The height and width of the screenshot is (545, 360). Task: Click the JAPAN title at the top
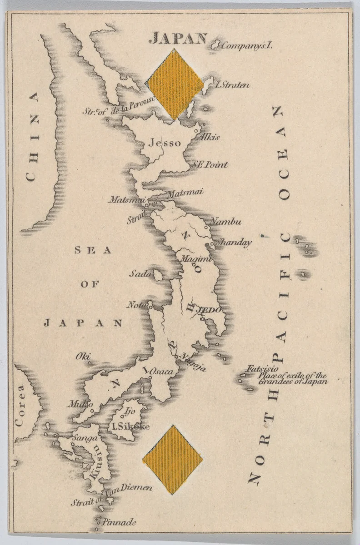(x=178, y=39)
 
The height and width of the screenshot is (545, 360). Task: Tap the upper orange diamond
(x=175, y=84)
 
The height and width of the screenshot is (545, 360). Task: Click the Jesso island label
(x=165, y=143)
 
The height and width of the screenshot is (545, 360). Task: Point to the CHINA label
(x=32, y=136)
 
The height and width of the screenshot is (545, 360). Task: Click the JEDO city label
(x=211, y=310)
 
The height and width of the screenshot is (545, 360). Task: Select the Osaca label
(x=161, y=372)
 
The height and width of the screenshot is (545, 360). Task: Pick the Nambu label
(x=226, y=222)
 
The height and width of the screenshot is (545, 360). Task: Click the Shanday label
(x=233, y=243)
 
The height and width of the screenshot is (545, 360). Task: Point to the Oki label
(x=83, y=357)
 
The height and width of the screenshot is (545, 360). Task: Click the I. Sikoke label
(x=130, y=426)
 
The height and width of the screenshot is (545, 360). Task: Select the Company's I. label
(x=248, y=45)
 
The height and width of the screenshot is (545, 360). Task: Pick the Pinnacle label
(x=119, y=522)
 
